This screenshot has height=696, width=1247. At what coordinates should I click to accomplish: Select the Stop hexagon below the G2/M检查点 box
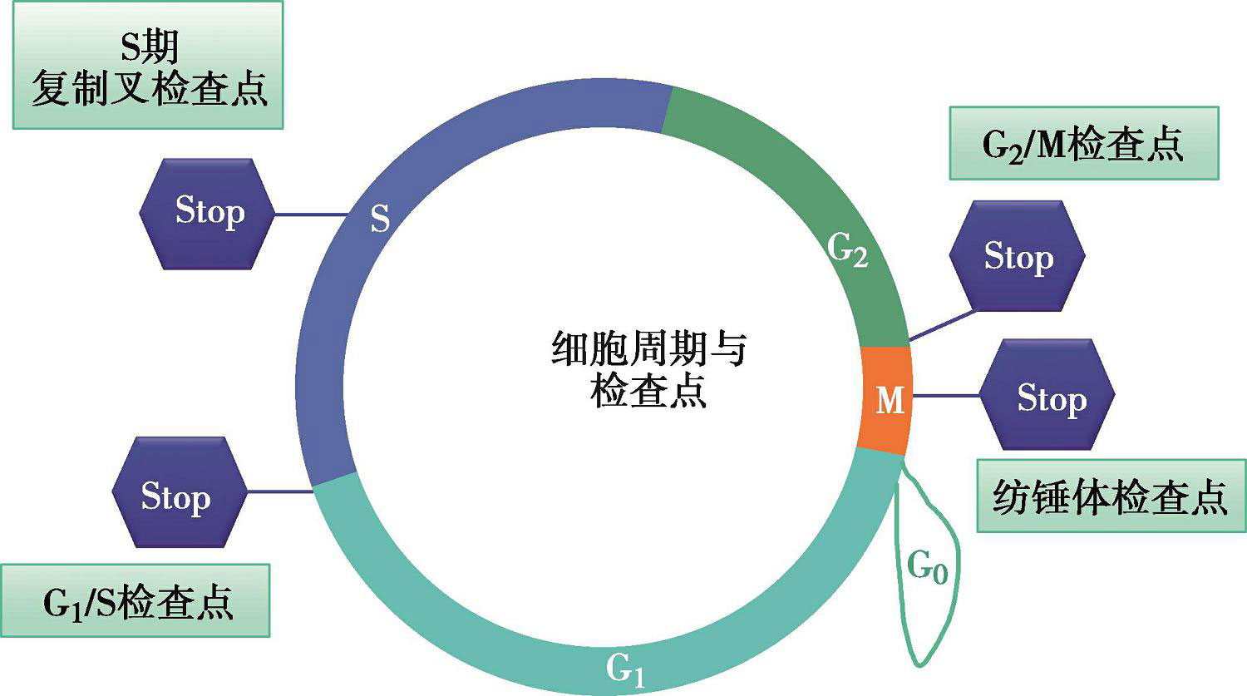[1018, 256]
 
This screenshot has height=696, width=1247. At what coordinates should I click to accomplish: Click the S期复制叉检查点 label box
[148, 65]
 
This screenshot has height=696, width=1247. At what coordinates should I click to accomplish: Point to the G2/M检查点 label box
[1083, 144]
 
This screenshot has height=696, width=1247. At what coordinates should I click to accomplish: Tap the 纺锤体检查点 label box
[1110, 496]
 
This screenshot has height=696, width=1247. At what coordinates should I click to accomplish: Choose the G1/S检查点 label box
[136, 601]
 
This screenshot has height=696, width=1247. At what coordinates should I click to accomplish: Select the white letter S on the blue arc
[380, 219]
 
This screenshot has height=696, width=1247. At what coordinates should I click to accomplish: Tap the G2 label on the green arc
[848, 249]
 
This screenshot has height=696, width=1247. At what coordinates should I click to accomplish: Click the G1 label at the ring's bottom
[624, 669]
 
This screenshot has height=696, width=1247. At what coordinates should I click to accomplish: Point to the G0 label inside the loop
[927, 567]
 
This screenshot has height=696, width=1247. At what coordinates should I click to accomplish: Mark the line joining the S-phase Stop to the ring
[309, 215]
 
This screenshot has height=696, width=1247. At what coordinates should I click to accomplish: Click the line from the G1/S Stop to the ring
[279, 491]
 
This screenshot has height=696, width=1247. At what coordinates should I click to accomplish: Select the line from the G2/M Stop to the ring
[944, 325]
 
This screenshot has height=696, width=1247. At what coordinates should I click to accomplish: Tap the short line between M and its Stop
[946, 396]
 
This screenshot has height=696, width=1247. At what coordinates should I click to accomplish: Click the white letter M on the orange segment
[890, 401]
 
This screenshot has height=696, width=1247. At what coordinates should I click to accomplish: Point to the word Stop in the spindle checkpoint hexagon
[1052, 398]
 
